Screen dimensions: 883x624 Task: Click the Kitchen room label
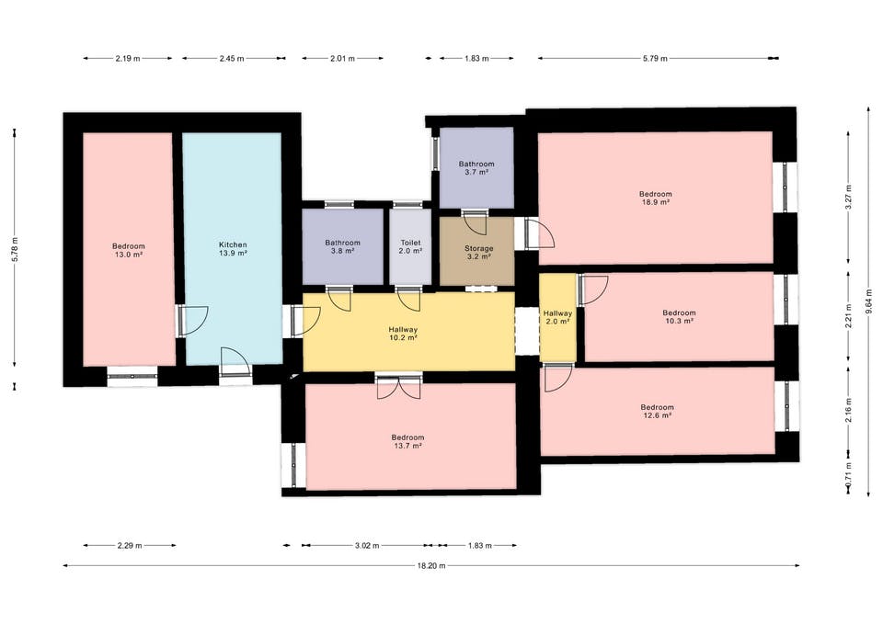(233, 249)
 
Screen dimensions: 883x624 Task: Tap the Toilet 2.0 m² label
(410, 247)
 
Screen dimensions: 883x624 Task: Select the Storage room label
(478, 252)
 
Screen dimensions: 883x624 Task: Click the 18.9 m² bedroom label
(656, 199)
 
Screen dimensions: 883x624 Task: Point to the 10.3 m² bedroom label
(679, 317)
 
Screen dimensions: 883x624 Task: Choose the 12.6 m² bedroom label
(657, 412)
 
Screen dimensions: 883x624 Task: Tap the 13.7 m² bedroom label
(407, 441)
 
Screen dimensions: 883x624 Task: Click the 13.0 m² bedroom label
(129, 250)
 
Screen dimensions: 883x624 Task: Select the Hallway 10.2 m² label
(403, 334)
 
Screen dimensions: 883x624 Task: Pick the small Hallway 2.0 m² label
(557, 317)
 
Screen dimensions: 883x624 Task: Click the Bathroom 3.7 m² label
(476, 168)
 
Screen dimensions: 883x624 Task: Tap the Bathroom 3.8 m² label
(342, 247)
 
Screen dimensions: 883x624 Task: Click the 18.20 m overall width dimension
(431, 565)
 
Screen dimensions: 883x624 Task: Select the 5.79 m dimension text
(655, 58)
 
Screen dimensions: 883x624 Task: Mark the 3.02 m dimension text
(367, 545)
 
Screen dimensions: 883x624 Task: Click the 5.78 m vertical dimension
(16, 248)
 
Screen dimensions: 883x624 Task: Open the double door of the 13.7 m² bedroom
(398, 387)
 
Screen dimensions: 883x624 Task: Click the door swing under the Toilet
(409, 299)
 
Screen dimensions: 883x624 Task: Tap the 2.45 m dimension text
(232, 58)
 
